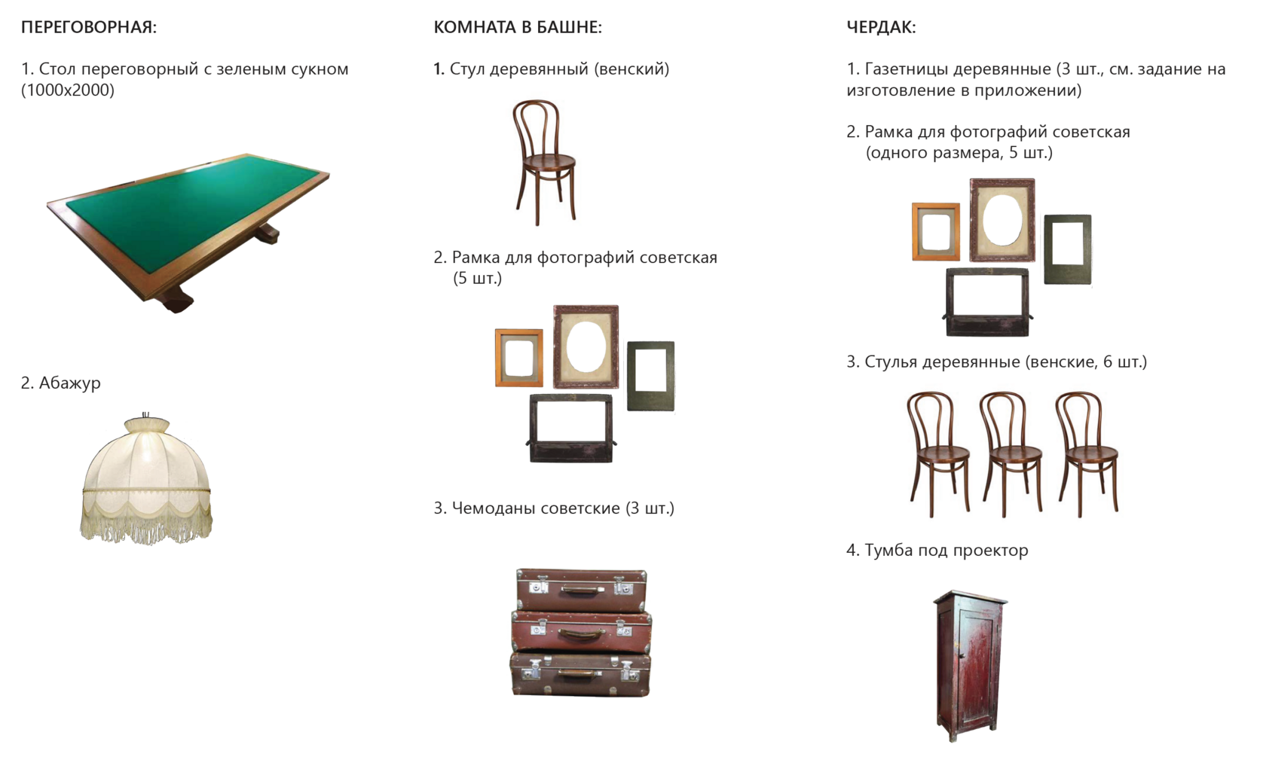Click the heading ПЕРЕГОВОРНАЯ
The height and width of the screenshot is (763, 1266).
pyautogui.click(x=89, y=28)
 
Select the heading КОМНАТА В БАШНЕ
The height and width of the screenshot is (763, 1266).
pyautogui.click(x=518, y=28)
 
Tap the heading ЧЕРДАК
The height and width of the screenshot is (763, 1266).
pyautogui.click(x=881, y=28)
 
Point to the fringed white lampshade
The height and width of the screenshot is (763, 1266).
pyautogui.click(x=146, y=479)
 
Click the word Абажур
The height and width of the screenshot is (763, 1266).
pyautogui.click(x=69, y=383)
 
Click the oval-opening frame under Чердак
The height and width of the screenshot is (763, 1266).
pyautogui.click(x=1002, y=219)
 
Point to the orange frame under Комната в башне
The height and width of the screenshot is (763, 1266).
pyautogui.click(x=518, y=358)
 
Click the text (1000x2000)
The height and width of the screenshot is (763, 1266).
pyautogui.click(x=68, y=90)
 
